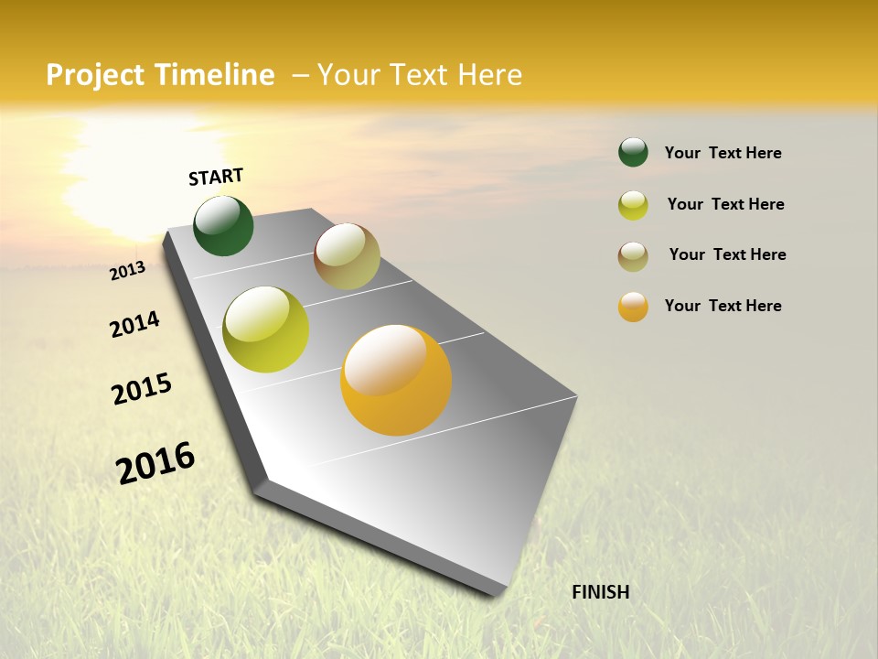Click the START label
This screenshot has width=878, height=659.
pos(216,177)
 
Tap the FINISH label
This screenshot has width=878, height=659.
pos(600,592)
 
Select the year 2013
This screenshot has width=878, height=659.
pos(127,271)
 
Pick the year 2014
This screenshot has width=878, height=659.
pos(134,325)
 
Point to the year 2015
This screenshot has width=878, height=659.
pos(142,389)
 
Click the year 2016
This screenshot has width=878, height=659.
pos(155,463)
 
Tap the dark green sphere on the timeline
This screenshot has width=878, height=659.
pos(223,226)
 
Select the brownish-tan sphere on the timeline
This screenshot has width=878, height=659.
pos(347,256)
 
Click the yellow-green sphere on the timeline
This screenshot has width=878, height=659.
pos(266,329)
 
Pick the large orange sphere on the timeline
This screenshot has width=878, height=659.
pos(396,380)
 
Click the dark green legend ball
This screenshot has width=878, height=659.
pos(633,152)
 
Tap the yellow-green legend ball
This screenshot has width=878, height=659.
pos(633,205)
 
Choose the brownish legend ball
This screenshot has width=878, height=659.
pos(633,256)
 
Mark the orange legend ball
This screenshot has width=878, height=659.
pos(633,307)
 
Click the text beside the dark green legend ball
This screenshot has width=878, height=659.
pos(723,153)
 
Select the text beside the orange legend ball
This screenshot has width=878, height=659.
pos(723,306)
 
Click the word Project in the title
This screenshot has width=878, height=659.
pos(96,75)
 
